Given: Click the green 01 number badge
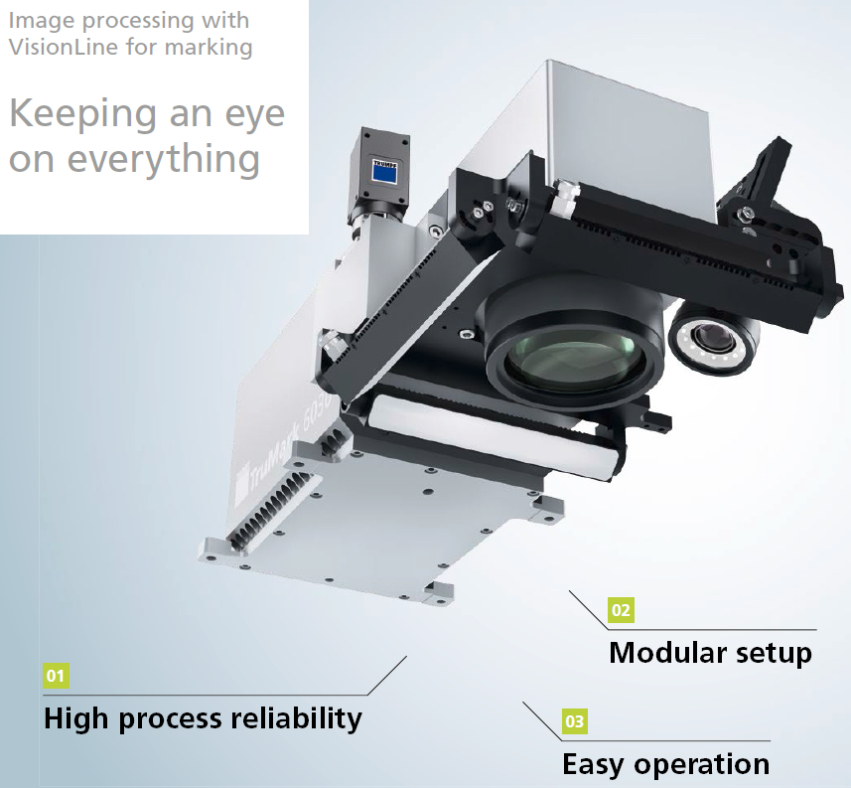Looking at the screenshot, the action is point(56,676).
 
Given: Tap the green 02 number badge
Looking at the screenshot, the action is point(621,610).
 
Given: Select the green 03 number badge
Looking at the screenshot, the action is point(575,721).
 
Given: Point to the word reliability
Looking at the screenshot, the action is point(296,719).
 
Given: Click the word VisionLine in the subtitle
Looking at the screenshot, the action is point(64,47).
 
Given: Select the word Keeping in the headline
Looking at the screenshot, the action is point(82,115).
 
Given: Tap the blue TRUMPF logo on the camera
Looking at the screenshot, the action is point(384,171).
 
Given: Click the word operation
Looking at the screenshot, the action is point(702,765).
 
